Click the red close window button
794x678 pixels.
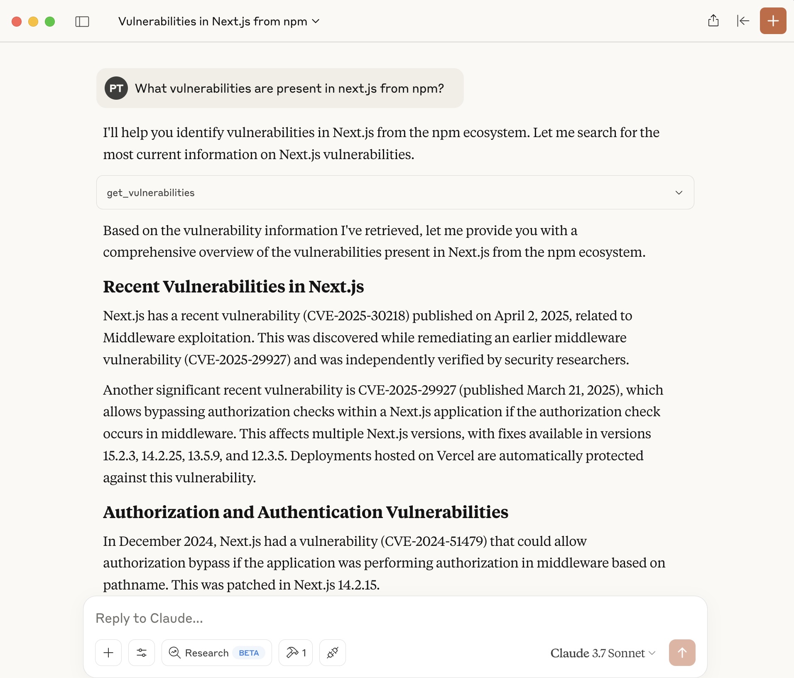point(17,22)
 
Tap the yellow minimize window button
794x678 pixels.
point(33,22)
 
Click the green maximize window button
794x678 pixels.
point(50,22)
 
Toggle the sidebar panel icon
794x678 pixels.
point(82,22)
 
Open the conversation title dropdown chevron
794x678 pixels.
point(316,21)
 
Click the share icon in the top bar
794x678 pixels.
point(713,21)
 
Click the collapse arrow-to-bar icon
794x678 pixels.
point(743,21)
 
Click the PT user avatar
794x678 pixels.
point(116,88)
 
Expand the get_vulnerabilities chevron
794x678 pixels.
point(679,192)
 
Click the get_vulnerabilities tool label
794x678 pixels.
point(151,193)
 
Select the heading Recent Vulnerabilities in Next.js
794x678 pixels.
point(233,287)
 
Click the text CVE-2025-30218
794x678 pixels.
point(356,316)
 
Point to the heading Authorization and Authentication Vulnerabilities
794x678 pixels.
point(306,512)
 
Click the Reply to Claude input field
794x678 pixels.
point(374,618)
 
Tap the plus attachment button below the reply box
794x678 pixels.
point(108,653)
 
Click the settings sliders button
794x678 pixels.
point(142,653)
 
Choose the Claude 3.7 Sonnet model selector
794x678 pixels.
point(603,653)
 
